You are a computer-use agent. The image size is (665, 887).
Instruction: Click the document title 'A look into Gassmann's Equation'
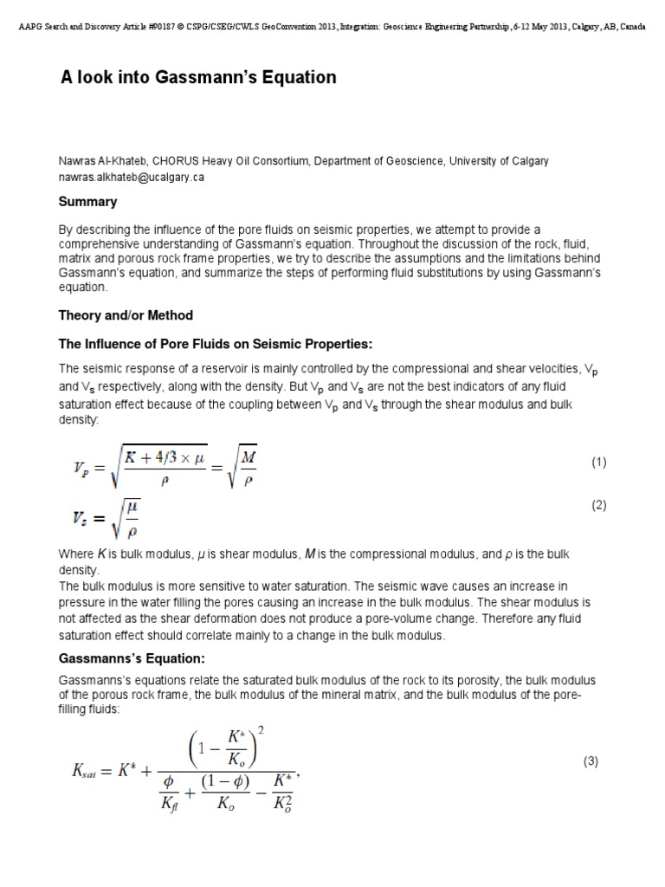197,77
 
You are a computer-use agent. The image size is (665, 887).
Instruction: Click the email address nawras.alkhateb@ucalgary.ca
131,177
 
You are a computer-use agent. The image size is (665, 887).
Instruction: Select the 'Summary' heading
87,202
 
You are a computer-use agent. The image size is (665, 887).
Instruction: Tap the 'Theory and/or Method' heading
126,315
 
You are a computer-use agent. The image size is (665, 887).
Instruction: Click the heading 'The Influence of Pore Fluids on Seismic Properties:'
215,344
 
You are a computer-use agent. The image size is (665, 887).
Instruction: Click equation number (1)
599,463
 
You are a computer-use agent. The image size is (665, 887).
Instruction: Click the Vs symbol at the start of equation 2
82,519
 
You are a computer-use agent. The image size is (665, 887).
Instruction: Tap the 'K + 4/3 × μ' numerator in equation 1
165,450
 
